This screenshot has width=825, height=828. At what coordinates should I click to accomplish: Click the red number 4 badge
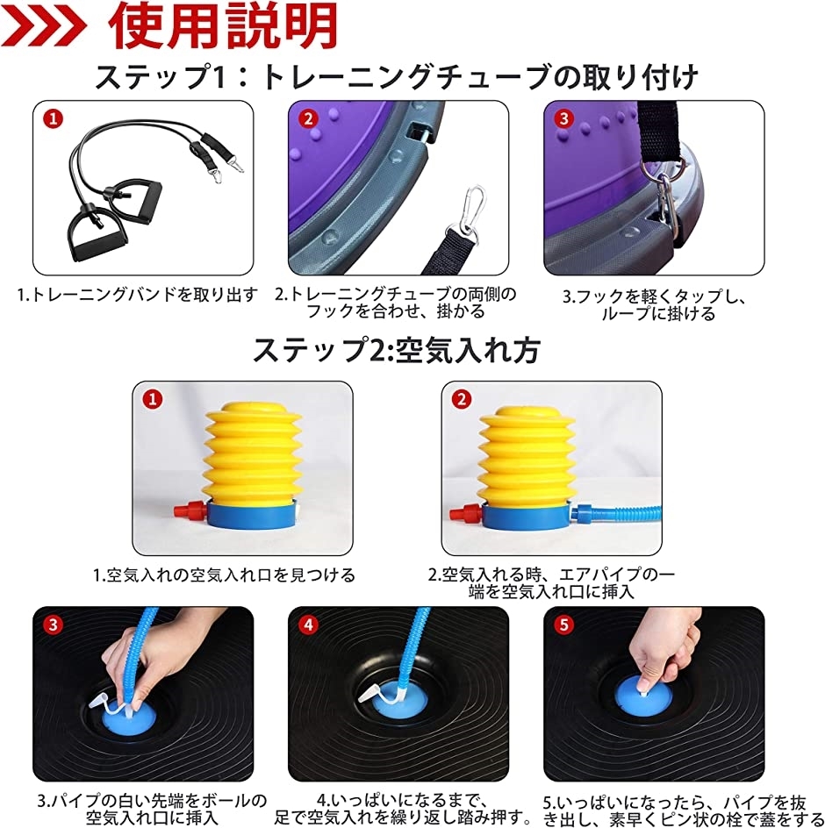click(308, 625)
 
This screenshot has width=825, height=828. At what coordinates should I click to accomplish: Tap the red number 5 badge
click(563, 625)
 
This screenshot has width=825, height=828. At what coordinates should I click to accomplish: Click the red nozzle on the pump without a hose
click(186, 510)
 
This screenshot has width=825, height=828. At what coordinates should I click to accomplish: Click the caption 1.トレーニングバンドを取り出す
click(138, 296)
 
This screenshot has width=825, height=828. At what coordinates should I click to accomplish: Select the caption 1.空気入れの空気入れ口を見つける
click(225, 575)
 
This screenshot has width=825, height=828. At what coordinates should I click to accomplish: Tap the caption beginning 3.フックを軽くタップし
click(654, 303)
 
